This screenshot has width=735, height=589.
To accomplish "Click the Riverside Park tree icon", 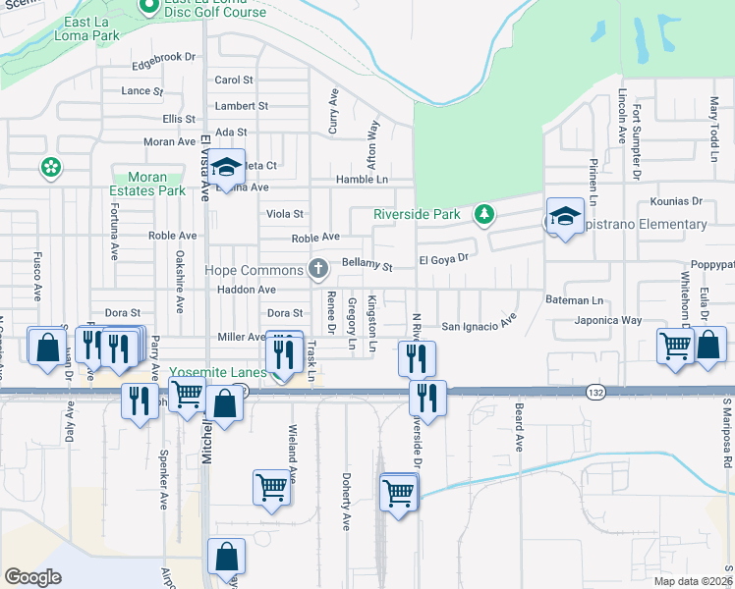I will click(x=482, y=213).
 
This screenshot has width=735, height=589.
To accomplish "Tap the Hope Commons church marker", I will click(x=317, y=267).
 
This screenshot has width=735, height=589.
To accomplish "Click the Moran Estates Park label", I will click(x=147, y=184).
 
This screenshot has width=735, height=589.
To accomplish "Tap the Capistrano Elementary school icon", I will click(x=566, y=218).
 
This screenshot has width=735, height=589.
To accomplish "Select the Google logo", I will click(x=33, y=577).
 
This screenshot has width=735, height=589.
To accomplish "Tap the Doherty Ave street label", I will click(x=346, y=501).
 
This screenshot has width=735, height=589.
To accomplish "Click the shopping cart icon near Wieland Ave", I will click(x=271, y=488).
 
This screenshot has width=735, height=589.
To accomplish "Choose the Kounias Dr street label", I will click(x=676, y=201).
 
